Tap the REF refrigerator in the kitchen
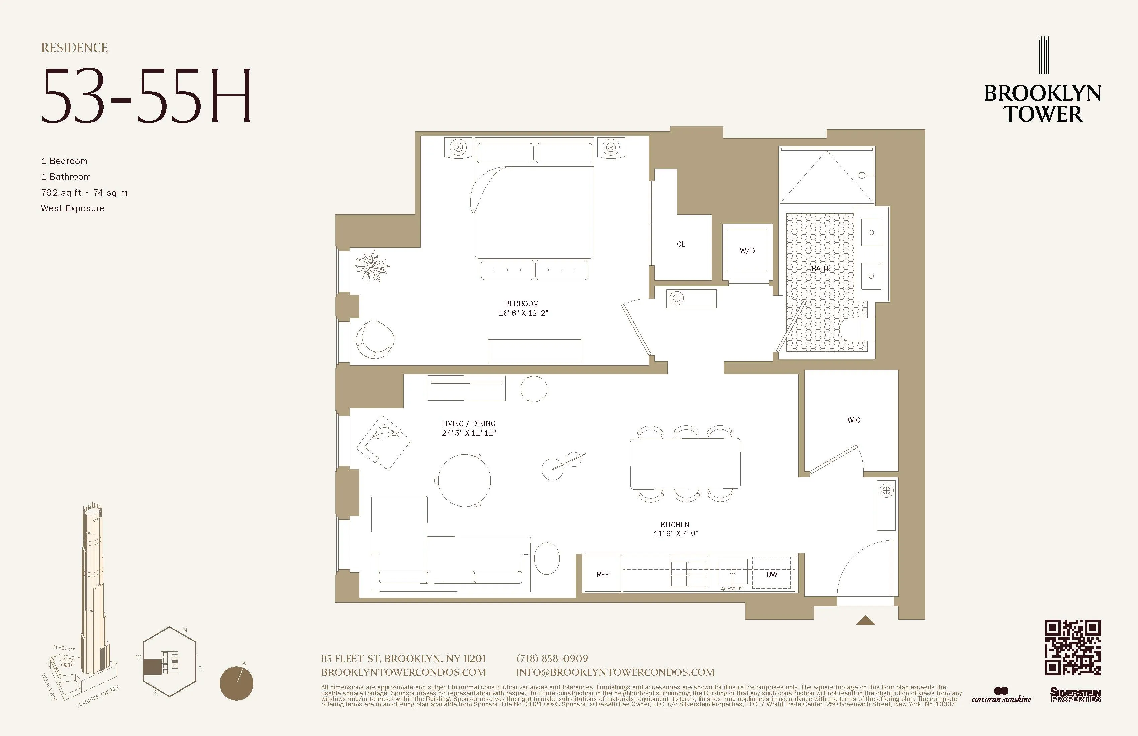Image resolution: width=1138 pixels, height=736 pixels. click(x=602, y=574)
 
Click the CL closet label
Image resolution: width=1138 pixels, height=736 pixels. click(x=681, y=244)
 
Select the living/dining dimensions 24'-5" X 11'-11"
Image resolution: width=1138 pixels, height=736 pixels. click(x=469, y=433)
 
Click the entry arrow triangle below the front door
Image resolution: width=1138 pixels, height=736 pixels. click(x=865, y=621)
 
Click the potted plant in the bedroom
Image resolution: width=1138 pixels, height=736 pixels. click(x=372, y=266)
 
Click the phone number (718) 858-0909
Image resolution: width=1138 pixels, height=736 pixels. click(x=552, y=659)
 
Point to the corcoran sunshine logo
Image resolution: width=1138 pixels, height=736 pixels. click(x=1001, y=696)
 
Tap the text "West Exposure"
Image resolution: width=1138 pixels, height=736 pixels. click(x=73, y=208)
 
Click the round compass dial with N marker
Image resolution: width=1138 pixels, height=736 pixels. click(x=236, y=683)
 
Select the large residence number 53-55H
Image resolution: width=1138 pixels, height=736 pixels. click(x=146, y=96)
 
